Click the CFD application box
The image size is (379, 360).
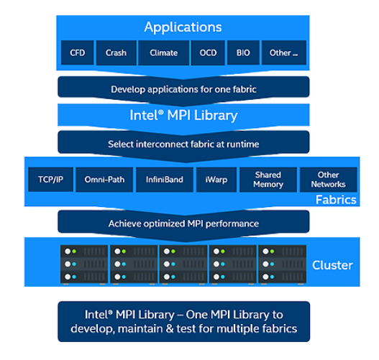[77, 52]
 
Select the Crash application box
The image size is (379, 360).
[116, 52]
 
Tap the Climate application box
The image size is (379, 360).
[163, 52]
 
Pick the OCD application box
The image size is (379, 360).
[209, 52]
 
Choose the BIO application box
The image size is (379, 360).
[244, 52]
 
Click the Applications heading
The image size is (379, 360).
[183, 27]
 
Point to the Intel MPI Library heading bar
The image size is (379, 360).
[183, 115]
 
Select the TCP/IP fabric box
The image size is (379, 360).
[50, 179]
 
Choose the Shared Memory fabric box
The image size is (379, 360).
[268, 179]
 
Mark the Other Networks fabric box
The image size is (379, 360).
[328, 179]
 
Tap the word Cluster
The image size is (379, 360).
[332, 266]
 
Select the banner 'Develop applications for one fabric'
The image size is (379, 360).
[183, 89]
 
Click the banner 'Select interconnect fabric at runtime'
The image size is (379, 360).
[183, 144]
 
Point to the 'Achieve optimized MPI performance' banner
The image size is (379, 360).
[183, 223]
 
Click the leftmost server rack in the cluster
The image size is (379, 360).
[83, 264]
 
